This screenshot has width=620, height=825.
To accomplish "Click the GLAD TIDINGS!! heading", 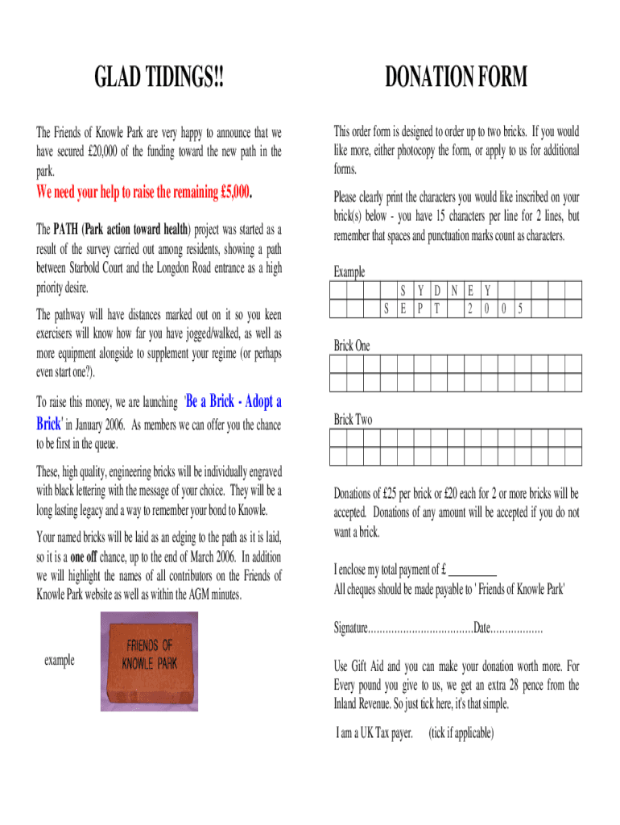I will (159, 78).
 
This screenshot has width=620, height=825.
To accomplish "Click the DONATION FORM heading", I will (456, 78).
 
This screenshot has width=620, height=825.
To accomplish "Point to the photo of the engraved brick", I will (148, 661).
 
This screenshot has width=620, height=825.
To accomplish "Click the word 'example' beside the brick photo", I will (60, 661).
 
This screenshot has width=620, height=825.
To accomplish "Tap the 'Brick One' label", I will (352, 346).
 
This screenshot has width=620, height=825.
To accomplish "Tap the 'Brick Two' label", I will (353, 420).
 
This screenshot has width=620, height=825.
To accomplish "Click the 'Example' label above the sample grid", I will (349, 272).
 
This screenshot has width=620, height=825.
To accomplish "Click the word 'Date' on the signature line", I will (482, 628).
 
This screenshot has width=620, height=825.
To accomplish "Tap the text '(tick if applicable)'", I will (461, 733).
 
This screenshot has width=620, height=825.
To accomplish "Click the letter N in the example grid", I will (454, 290).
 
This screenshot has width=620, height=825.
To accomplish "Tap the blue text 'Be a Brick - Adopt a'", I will (234, 401).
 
